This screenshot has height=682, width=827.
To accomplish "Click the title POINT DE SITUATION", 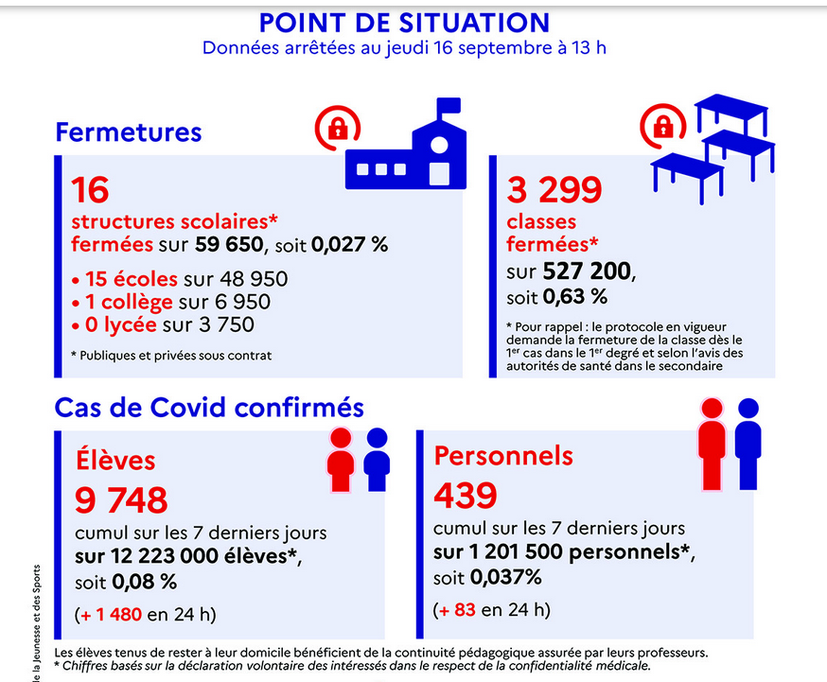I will pyautogui.click(x=404, y=22).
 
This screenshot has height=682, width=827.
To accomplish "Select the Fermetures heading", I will pyautogui.click(x=129, y=131).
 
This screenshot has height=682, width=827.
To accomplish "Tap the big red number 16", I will pyautogui.click(x=91, y=190).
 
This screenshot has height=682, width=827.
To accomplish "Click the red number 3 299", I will pyautogui.click(x=554, y=190).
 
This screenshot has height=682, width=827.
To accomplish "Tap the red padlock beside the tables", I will pyautogui.click(x=662, y=126).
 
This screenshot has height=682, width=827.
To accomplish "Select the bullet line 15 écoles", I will pyautogui.click(x=180, y=279).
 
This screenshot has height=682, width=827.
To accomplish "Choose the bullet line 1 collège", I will pyautogui.click(x=171, y=302).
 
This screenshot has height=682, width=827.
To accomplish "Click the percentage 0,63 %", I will pyautogui.click(x=574, y=297).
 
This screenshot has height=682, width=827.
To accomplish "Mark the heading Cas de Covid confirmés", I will pyautogui.click(x=209, y=407).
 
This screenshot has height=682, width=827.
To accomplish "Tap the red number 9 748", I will pyautogui.click(x=121, y=499).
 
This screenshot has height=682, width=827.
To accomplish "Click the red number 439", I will pyautogui.click(x=466, y=495).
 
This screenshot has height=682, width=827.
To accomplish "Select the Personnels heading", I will pyautogui.click(x=503, y=455).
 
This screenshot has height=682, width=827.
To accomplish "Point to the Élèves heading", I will pyautogui.click(x=115, y=460).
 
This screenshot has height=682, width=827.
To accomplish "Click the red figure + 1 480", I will pyautogui.click(x=112, y=614).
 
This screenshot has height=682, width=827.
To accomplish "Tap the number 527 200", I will pyautogui.click(x=586, y=272).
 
